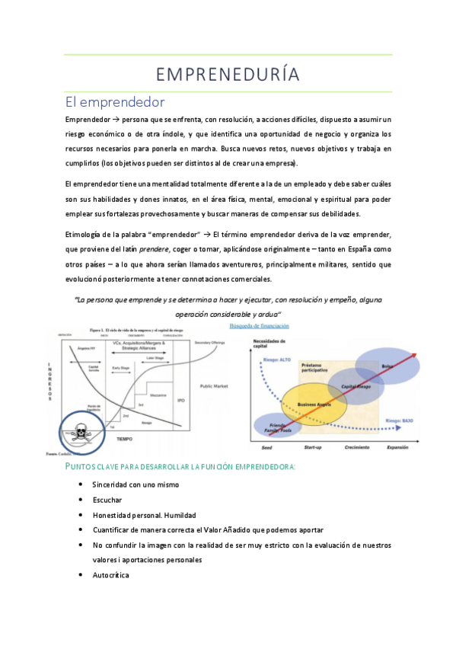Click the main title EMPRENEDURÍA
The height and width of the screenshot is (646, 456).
pos(228,74)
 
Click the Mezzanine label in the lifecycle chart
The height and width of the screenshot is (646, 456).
pos(158,395)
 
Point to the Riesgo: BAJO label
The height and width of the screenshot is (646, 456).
pos(400,420)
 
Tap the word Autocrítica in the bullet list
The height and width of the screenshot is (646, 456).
pos(110,574)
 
